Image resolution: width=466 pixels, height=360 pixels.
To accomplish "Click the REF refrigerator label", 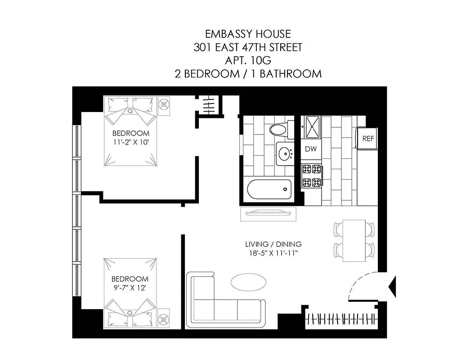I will pyautogui.click(x=368, y=139).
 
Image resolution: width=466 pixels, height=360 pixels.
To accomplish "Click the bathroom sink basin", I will pyautogui.click(x=284, y=154).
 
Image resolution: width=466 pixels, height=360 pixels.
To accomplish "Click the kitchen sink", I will pyautogui.click(x=312, y=127).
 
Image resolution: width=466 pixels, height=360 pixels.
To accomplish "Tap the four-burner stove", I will pyautogui.click(x=312, y=176).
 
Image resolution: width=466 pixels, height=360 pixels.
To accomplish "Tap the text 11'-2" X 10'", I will pyautogui.click(x=130, y=142).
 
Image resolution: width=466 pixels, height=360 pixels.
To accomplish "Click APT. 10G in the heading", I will pyautogui.click(x=248, y=60).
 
